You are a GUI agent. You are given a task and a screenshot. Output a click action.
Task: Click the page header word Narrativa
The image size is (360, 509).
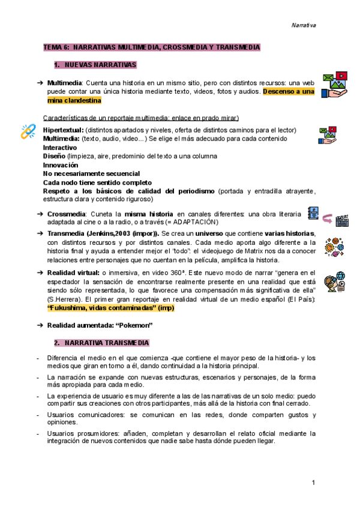[304, 25]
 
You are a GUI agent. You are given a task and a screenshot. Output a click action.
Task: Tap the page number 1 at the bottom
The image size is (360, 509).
[314, 483]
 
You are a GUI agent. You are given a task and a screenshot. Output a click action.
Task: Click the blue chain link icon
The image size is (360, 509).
[28, 131]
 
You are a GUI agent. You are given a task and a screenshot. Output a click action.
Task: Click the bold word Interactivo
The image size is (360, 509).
[60, 147]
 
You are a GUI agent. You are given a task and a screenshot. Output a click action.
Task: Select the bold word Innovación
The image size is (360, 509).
[61, 164]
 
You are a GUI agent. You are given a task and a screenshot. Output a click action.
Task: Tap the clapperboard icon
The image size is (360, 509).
[343, 221]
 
